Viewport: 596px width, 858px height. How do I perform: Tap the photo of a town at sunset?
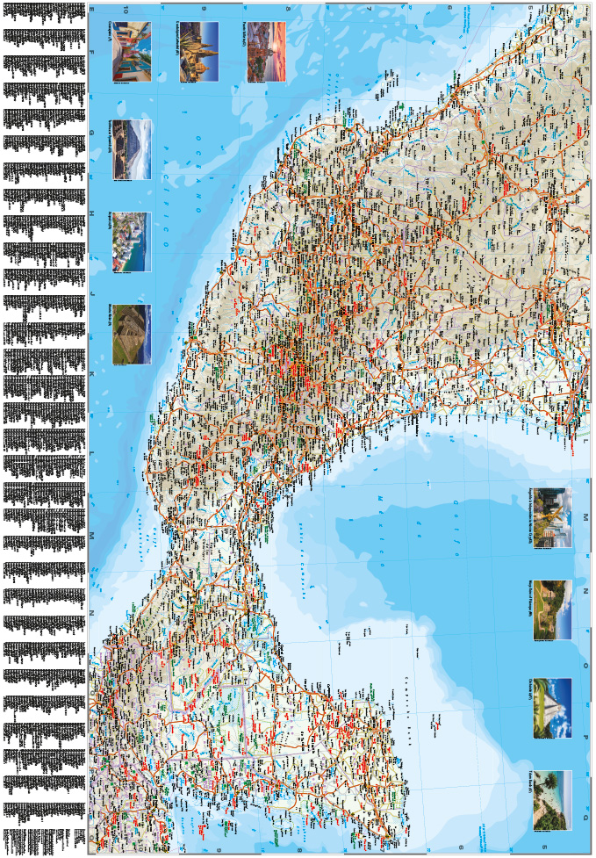tap(267, 52)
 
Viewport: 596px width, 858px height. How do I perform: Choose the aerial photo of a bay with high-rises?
tap(130, 242)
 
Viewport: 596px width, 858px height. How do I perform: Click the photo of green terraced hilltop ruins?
tap(130, 334)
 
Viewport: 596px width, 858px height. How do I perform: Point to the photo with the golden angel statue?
tap(551, 517)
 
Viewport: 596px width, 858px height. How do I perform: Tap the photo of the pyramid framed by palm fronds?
tap(551, 708)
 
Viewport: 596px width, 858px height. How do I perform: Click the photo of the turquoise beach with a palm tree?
tap(551, 800)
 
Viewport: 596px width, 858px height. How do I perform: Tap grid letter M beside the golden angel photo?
tap(585, 517)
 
